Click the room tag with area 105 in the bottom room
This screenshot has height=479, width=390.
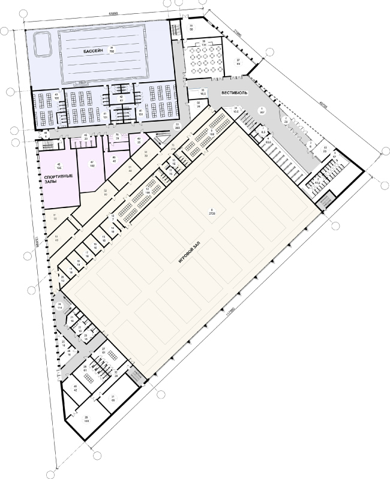(87, 420)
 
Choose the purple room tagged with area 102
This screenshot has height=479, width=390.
(92, 164)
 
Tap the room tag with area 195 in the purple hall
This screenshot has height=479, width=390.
(59, 167)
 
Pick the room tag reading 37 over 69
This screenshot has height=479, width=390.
(238, 62)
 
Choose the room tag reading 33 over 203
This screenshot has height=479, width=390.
(177, 126)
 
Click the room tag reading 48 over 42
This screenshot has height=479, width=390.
(76, 388)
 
